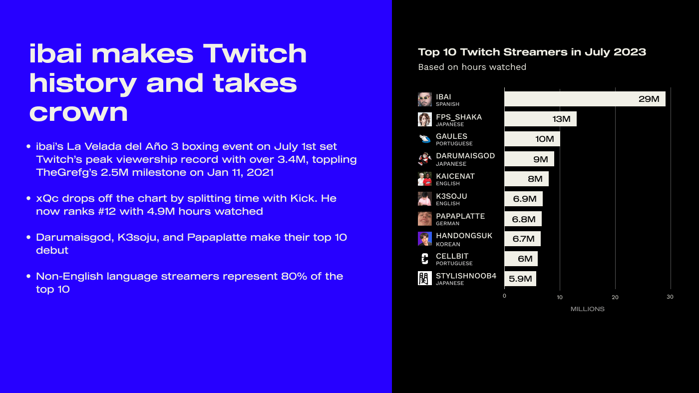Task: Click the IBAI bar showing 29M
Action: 585,99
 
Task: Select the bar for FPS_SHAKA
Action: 540,119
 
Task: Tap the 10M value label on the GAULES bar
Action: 545,139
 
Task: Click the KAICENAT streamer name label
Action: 455,176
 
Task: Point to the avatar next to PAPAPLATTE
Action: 425,219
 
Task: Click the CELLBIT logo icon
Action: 425,259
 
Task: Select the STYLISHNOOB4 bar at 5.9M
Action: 520,279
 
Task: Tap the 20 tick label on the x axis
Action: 615,297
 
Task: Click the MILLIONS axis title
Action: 588,309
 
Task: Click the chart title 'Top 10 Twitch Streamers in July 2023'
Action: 532,52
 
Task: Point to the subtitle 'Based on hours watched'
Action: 472,67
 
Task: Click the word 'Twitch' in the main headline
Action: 255,54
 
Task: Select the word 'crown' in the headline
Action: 79,112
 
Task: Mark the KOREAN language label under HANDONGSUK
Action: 448,244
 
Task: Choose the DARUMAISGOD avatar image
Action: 425,159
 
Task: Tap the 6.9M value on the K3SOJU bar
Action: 525,199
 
